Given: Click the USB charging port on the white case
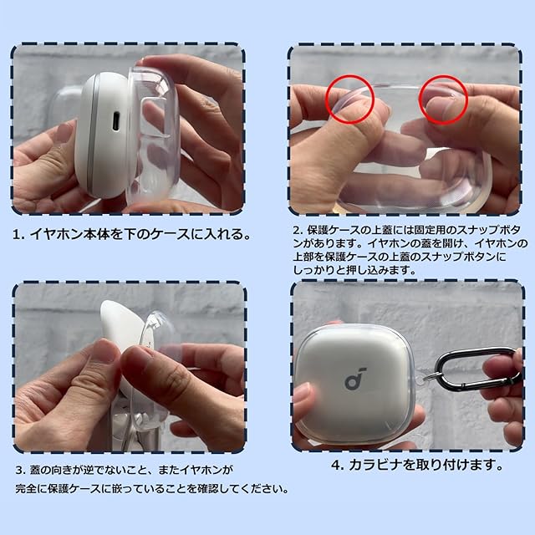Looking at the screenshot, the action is [x=116, y=120].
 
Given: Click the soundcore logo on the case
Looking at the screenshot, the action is [x=354, y=379].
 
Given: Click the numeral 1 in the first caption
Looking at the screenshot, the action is [x=16, y=235].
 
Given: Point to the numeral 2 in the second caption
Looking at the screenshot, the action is [x=298, y=231].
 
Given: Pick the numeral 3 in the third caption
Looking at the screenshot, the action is [x=19, y=471].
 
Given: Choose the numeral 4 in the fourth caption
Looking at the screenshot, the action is [x=336, y=465].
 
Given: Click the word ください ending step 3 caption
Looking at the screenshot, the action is [x=262, y=489].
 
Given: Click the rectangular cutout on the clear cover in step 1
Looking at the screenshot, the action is [x=155, y=117].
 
